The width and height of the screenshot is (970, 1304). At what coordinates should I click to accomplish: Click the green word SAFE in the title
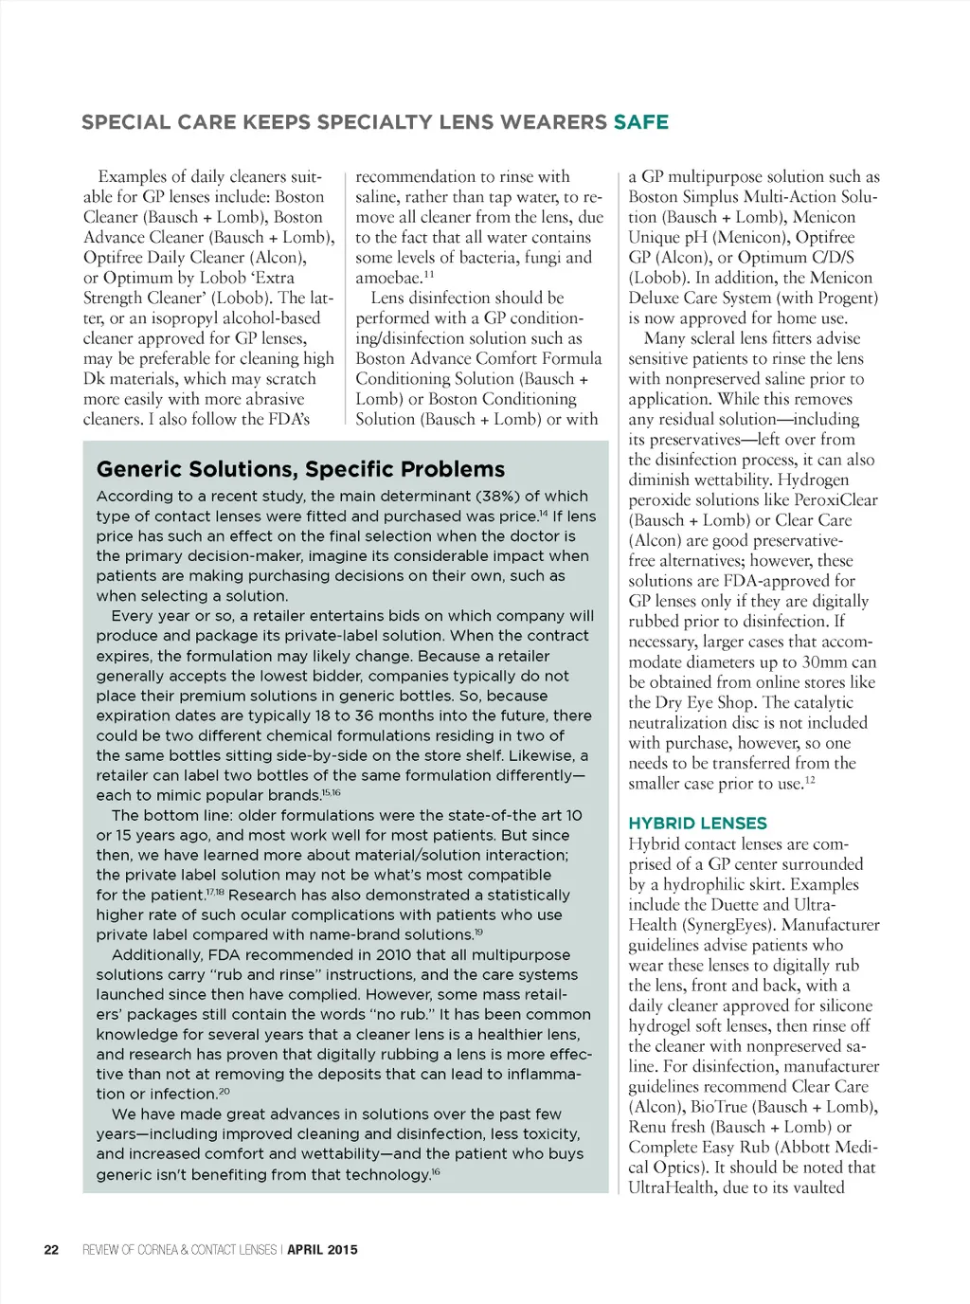(x=641, y=122)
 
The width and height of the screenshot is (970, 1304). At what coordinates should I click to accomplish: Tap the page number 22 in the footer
(x=51, y=1250)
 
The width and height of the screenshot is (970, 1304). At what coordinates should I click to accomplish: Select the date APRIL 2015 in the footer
(x=322, y=1250)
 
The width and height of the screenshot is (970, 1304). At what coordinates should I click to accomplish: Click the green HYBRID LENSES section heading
(x=697, y=824)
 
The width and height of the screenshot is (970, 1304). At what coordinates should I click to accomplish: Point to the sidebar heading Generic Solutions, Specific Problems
(x=300, y=469)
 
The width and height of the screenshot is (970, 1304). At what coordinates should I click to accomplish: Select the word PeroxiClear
(x=835, y=500)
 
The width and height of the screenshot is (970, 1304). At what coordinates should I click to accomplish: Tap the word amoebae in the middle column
(x=387, y=279)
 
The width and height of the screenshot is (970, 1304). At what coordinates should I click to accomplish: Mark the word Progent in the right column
(x=845, y=299)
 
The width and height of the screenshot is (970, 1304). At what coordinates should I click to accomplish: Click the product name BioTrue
(x=727, y=1107)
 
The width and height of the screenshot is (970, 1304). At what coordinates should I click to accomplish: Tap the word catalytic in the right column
(x=818, y=703)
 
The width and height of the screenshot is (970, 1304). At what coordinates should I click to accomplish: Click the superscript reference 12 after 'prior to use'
(x=810, y=781)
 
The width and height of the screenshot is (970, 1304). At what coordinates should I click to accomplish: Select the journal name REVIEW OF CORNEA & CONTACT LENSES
(x=180, y=1250)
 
